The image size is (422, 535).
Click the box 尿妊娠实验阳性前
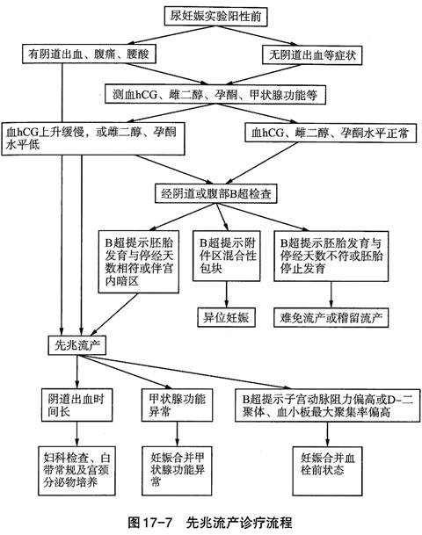[x=215, y=17]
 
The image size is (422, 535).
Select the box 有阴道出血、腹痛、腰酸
[x=89, y=54]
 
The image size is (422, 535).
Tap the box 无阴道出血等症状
[x=312, y=55]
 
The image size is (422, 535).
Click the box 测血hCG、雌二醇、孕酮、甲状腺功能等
[x=215, y=95]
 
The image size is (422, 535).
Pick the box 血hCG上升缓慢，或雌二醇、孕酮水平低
[x=93, y=139]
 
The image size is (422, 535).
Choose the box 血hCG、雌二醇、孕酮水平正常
[x=331, y=133]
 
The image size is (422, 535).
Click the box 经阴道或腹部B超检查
[x=215, y=194]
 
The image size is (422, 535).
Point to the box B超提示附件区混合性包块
[x=226, y=256]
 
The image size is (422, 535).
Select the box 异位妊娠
[x=226, y=318]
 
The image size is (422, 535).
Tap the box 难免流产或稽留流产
[x=331, y=318]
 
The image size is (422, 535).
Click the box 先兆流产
[x=76, y=345]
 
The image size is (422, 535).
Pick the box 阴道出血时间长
[x=76, y=405]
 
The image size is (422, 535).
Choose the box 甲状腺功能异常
[x=177, y=405]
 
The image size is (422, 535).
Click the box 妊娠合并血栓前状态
[x=327, y=471]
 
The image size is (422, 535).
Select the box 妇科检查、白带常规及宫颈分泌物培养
[x=76, y=471]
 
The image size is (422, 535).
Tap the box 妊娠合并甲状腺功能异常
[x=177, y=471]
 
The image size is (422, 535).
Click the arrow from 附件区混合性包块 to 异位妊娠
[x=226, y=294]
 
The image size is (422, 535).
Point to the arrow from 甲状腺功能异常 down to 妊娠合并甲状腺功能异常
[x=177, y=434]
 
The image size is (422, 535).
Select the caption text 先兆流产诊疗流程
[x=239, y=523]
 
